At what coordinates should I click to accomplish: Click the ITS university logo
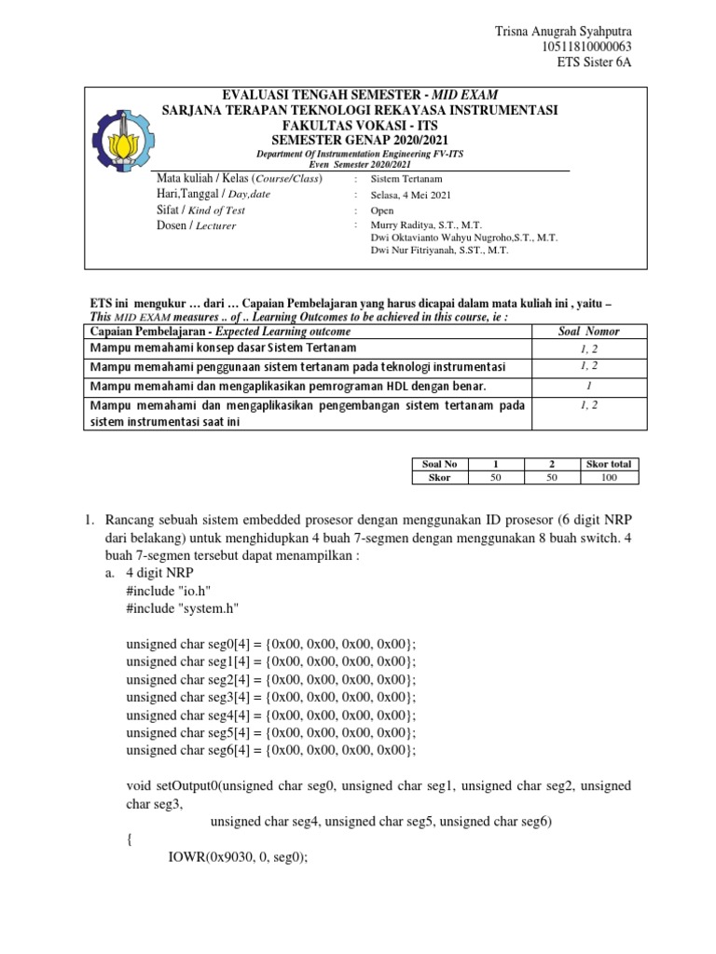(121, 138)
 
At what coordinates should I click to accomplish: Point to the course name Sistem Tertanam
(406, 178)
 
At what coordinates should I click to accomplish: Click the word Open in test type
(383, 210)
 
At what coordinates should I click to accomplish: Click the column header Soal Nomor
(587, 331)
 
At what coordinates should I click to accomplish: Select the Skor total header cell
(609, 463)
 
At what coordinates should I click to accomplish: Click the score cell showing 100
(609, 477)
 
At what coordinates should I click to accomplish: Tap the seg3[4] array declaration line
(270, 697)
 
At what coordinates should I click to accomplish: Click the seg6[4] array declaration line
(270, 750)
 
